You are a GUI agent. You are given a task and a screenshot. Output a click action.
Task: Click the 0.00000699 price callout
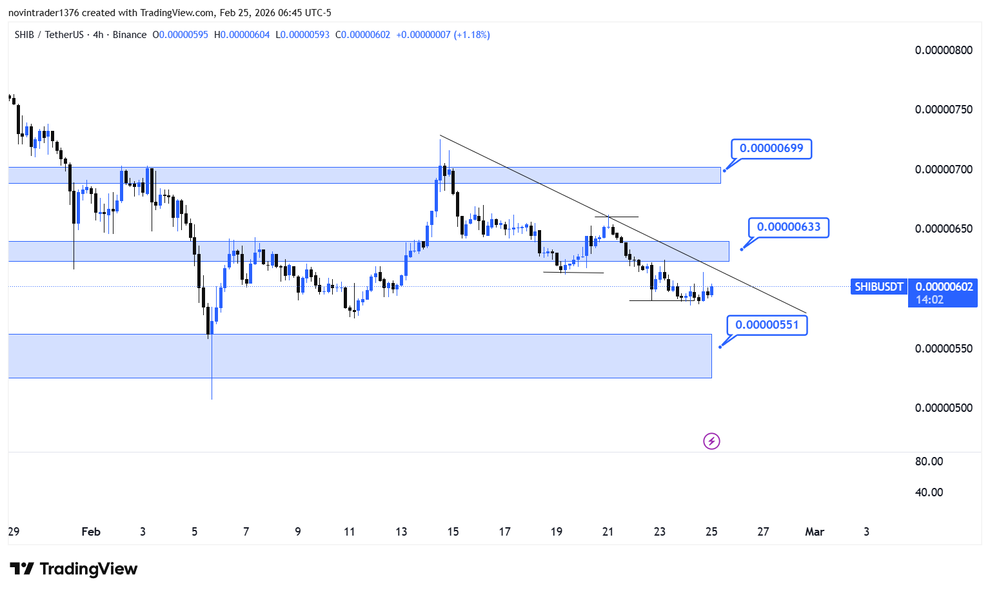771,149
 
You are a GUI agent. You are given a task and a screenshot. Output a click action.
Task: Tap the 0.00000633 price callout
789,228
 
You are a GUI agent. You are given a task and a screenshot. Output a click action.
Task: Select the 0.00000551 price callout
767,326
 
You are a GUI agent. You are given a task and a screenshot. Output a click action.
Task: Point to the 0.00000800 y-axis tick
944,50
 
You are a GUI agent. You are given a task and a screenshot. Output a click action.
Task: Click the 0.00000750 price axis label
944,110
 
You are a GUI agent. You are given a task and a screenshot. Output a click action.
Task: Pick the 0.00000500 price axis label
944,408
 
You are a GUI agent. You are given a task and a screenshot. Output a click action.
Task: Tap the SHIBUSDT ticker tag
878,287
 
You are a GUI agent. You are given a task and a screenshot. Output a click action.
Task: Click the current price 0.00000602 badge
943,293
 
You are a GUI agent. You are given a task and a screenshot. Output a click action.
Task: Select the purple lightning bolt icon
711,441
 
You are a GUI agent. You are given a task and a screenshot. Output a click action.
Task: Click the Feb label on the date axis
91,532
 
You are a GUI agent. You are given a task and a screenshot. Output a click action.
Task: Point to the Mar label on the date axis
815,532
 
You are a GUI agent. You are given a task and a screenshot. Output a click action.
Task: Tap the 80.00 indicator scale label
929,462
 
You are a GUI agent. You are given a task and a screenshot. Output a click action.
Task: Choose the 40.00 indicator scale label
929,492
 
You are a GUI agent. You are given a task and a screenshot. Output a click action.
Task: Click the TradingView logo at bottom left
74,569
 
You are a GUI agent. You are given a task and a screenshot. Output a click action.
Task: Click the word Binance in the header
130,35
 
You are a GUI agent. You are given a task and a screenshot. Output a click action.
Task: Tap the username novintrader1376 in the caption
44,13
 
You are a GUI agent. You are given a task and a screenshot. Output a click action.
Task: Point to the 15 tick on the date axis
453,532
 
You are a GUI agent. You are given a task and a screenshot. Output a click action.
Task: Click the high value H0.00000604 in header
242,35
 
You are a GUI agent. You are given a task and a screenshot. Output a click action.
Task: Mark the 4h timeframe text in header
98,35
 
